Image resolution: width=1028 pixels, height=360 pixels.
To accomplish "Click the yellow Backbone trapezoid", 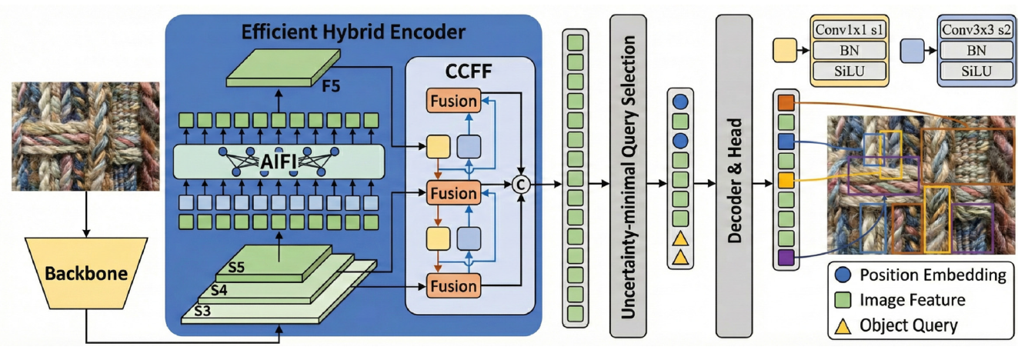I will tap(85, 274).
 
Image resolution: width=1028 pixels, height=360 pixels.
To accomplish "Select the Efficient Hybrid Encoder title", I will tap(354, 32).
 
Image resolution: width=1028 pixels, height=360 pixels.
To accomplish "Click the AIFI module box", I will tap(279, 162).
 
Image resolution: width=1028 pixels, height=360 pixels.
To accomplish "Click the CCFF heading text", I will tap(470, 75).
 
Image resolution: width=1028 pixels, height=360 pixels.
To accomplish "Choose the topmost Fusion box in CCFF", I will tap(452, 100).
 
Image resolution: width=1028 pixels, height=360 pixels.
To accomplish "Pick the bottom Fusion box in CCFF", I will tap(452, 286).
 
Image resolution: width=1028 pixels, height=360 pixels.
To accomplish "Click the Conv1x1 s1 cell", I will tap(850, 31).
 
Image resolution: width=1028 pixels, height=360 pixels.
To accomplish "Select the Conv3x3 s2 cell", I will tap(976, 31).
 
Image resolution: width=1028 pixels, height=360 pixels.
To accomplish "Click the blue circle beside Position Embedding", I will tap(843, 275).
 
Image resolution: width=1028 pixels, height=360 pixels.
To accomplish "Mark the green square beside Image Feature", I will tap(843, 300).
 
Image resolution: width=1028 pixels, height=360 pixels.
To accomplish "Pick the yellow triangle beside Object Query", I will tap(843, 325).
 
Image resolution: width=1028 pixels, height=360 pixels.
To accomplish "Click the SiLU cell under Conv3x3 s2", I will tap(976, 72).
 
